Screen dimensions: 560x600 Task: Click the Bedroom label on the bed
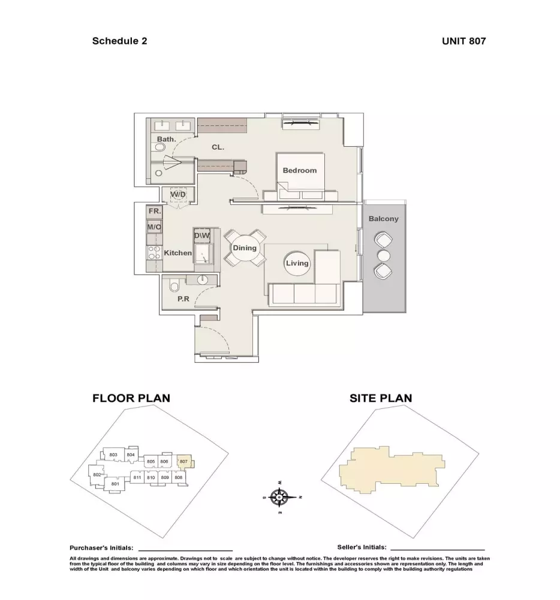click(x=300, y=171)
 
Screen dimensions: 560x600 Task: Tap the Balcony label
click(x=383, y=219)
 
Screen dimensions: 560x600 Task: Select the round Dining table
click(x=245, y=248)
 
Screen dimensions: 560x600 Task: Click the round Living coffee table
click(x=297, y=263)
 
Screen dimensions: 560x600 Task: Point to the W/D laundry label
click(x=178, y=195)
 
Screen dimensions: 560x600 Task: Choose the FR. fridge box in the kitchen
click(x=154, y=211)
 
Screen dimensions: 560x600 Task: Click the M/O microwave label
click(x=154, y=227)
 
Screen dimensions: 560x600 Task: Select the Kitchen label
click(x=177, y=253)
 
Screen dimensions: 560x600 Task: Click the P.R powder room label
click(x=183, y=299)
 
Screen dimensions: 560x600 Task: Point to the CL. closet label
click(x=218, y=147)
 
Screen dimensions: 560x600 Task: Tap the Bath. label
click(x=167, y=140)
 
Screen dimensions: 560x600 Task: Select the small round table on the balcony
click(x=383, y=256)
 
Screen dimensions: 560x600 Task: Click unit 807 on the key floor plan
click(x=184, y=462)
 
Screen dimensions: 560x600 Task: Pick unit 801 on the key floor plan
click(x=115, y=484)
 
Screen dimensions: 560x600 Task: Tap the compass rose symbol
click(x=280, y=498)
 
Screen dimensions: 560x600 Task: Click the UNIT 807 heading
click(x=464, y=41)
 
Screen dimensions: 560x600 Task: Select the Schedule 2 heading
click(x=119, y=41)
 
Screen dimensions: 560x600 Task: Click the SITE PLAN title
click(x=381, y=398)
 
